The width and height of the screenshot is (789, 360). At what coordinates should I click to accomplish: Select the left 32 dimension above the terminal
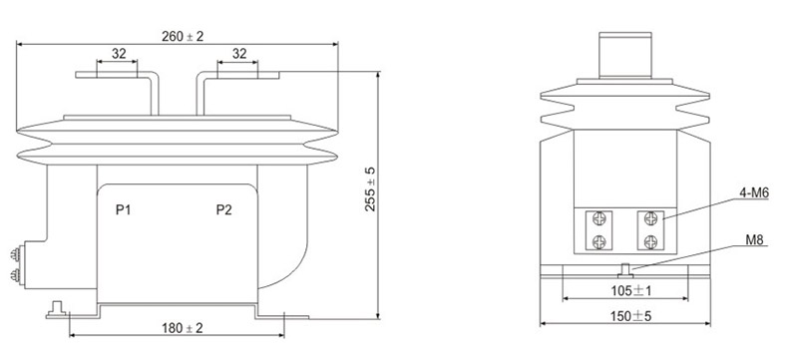[119, 53]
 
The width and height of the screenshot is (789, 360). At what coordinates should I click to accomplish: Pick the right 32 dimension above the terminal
[240, 53]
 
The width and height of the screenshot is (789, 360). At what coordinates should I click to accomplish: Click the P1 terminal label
[125, 210]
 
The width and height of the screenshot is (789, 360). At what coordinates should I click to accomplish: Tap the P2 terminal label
[224, 210]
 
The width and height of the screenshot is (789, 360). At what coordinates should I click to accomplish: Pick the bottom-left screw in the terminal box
[598, 242]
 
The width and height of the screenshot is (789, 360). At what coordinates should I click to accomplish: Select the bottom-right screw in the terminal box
[649, 242]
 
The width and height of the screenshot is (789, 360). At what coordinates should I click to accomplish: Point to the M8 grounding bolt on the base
[623, 267]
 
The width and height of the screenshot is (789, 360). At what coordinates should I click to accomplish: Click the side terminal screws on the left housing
[17, 261]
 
